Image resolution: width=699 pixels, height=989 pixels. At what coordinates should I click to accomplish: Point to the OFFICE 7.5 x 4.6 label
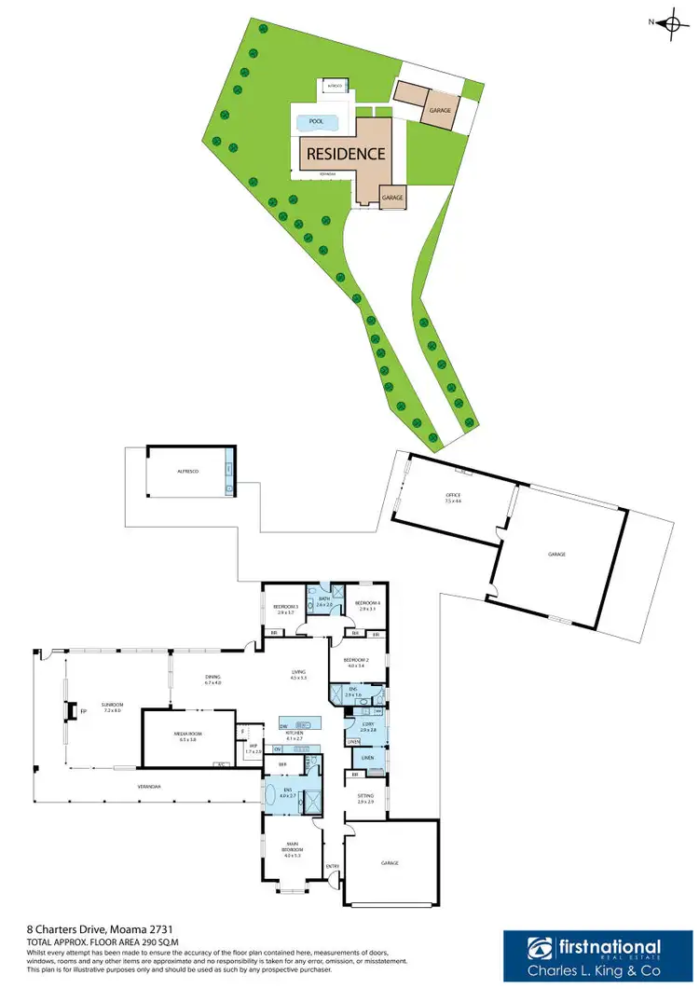click(x=453, y=496)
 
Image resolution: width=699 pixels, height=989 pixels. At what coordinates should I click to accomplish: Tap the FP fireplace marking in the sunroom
click(x=83, y=713)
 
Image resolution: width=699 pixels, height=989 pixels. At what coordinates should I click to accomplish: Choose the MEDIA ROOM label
click(x=188, y=736)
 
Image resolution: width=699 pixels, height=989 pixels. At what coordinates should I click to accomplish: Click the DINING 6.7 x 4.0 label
click(x=213, y=680)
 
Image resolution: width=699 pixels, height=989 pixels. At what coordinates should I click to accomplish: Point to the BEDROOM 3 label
click(x=285, y=609)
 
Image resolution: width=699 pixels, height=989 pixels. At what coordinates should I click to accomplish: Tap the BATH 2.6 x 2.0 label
click(x=323, y=602)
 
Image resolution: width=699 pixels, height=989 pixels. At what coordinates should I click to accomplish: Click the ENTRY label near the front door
click(x=333, y=867)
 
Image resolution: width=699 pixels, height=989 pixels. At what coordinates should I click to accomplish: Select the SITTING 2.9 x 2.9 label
click(x=364, y=798)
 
